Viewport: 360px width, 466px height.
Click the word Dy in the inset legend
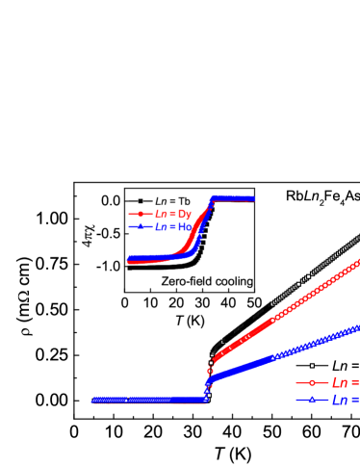click(185, 214)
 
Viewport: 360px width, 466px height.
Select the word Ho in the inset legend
click(185, 227)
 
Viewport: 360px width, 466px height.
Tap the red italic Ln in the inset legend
click(160, 214)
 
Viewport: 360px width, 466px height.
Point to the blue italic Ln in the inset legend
click(160, 227)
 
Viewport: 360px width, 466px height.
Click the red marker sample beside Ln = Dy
click(140, 214)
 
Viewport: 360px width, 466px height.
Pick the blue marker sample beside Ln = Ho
click(140, 227)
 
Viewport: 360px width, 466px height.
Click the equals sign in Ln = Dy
click(172, 214)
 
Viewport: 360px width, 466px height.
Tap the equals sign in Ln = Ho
click(172, 227)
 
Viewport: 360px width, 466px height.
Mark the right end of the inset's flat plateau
click(253, 198)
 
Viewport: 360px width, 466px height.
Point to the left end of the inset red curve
click(129, 261)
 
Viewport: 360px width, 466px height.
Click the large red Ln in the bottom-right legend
click(340, 383)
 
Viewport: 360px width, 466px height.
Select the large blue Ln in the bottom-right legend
click(340, 400)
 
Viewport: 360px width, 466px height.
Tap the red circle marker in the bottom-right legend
click(312, 383)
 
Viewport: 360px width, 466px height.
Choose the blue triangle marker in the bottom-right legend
click(312, 400)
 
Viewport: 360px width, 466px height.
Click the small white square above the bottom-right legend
click(312, 366)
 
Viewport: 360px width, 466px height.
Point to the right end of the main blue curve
click(358, 328)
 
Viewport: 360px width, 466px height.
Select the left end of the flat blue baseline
click(93, 400)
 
